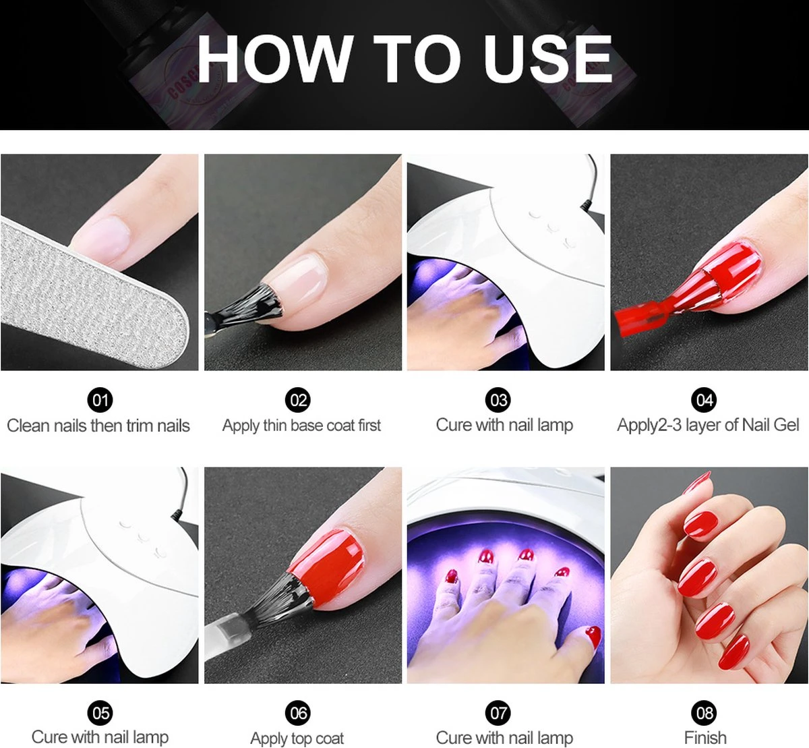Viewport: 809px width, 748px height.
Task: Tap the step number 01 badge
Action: click(x=100, y=400)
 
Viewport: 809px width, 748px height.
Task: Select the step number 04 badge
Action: click(x=705, y=400)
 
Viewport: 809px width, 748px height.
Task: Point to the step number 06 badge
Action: click(x=298, y=712)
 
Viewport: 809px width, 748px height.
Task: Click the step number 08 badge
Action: click(x=705, y=712)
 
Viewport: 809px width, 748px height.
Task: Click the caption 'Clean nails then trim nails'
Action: click(x=98, y=426)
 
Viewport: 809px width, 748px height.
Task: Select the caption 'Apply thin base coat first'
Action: click(x=301, y=426)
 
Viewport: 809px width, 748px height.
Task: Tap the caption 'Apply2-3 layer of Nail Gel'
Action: click(x=708, y=425)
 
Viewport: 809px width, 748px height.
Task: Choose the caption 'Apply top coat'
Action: click(x=297, y=738)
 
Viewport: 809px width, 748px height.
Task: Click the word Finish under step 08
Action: click(x=705, y=737)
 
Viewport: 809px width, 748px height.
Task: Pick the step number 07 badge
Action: click(x=498, y=712)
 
